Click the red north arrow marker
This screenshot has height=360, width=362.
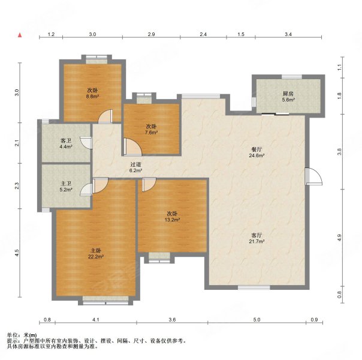[x=20, y=35]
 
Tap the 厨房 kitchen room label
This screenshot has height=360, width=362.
[x=288, y=94]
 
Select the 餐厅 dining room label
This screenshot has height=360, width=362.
[x=257, y=149]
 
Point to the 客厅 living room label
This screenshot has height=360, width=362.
[x=257, y=235]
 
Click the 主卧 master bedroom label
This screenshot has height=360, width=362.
[x=96, y=250]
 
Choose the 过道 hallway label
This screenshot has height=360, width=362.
[x=135, y=164]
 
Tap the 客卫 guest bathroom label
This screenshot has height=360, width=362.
[x=66, y=140]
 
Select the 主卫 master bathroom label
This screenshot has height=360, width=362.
[x=66, y=184]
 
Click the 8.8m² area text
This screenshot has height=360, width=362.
[x=92, y=97]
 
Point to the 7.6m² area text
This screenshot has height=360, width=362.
[x=152, y=133]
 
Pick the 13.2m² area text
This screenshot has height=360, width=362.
[x=172, y=220]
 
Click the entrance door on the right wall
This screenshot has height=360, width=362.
[x=313, y=176]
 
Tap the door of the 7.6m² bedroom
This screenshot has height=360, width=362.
[x=132, y=147]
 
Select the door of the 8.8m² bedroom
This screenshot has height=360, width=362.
[x=105, y=116]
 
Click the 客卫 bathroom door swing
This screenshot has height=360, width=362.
[x=86, y=142]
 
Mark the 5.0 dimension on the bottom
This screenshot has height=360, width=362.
[x=257, y=320]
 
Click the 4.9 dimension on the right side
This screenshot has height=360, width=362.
[x=339, y=238]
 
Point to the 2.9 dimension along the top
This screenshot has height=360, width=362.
[x=151, y=34]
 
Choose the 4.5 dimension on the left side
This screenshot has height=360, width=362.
[x=17, y=253]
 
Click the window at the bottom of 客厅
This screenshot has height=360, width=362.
[x=254, y=287]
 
